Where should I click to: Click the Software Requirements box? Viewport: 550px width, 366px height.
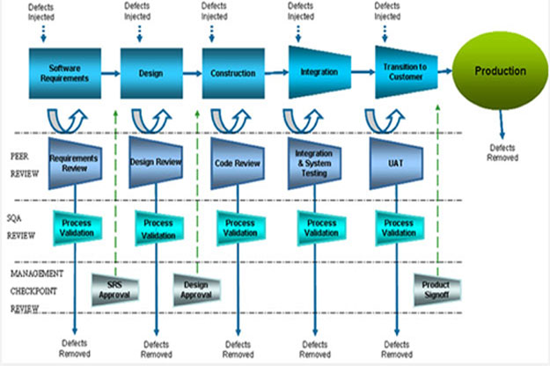(70, 72)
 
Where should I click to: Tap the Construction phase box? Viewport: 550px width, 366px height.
(233, 72)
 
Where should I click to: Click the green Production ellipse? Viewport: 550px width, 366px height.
(501, 71)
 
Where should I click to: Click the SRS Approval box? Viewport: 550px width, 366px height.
(114, 290)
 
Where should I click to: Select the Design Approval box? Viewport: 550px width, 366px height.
(196, 290)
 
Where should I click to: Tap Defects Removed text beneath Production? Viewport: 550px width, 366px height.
(503, 153)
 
